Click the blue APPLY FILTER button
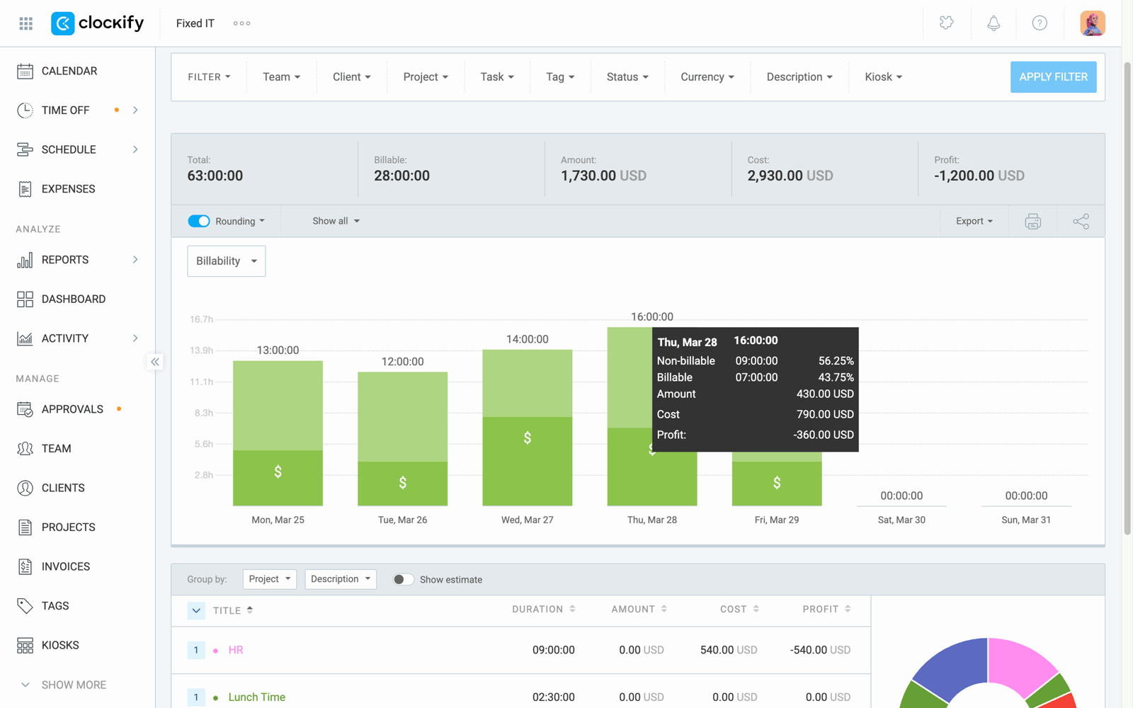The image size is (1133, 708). (1053, 77)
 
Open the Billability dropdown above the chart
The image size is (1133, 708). (226, 261)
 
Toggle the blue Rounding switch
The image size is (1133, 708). (199, 221)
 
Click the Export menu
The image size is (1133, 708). (974, 221)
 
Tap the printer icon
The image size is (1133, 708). (1032, 222)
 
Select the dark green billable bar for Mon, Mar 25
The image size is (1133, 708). (278, 478)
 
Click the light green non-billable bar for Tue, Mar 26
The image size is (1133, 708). (402, 416)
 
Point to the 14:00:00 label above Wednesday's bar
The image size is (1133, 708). (527, 339)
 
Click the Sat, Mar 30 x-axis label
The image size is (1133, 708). (901, 520)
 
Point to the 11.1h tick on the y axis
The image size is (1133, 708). (201, 382)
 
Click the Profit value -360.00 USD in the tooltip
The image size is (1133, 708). (823, 435)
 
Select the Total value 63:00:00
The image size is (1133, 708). (215, 176)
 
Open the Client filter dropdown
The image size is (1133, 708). (351, 77)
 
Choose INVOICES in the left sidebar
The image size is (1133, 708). (65, 566)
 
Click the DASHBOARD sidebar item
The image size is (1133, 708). (73, 299)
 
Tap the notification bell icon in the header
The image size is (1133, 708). (993, 23)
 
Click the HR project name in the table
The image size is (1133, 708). (236, 650)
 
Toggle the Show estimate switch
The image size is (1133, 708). (403, 579)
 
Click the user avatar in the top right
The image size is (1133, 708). (1092, 23)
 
